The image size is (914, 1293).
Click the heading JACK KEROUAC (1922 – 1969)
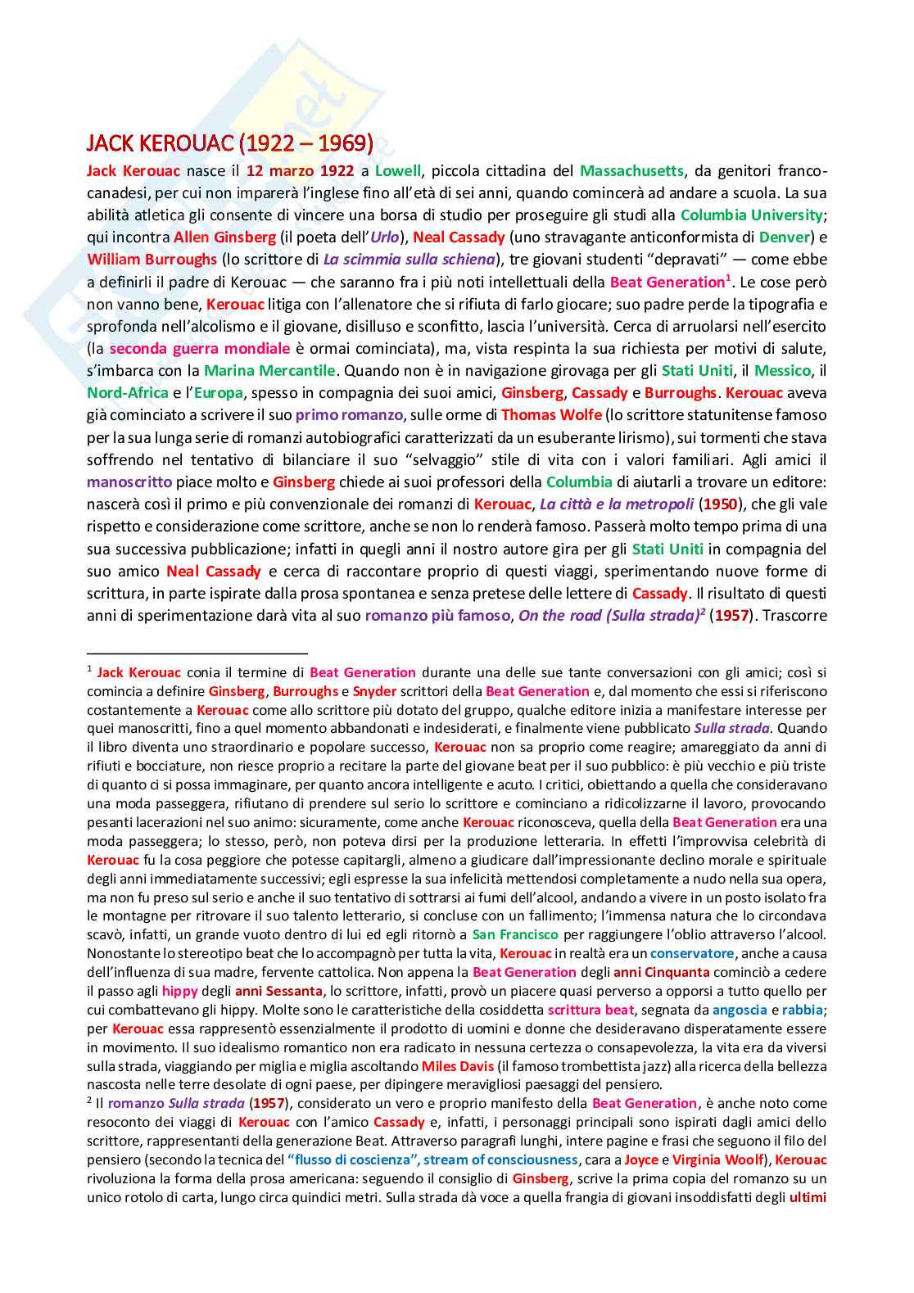[x=229, y=143]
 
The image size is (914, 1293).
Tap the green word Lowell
[x=398, y=171]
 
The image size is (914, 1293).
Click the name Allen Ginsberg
[x=224, y=237]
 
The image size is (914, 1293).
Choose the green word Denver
[x=784, y=237]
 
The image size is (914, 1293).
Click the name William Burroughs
[x=152, y=260]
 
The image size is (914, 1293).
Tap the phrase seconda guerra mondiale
[x=200, y=349]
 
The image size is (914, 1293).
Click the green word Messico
[x=782, y=371]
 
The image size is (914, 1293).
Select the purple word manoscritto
[x=129, y=482]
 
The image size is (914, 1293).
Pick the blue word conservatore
[x=692, y=953]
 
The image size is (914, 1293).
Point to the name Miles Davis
[x=458, y=1066]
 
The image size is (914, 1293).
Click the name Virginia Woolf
[x=717, y=1160]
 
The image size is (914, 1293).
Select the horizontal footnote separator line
[x=197, y=653]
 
